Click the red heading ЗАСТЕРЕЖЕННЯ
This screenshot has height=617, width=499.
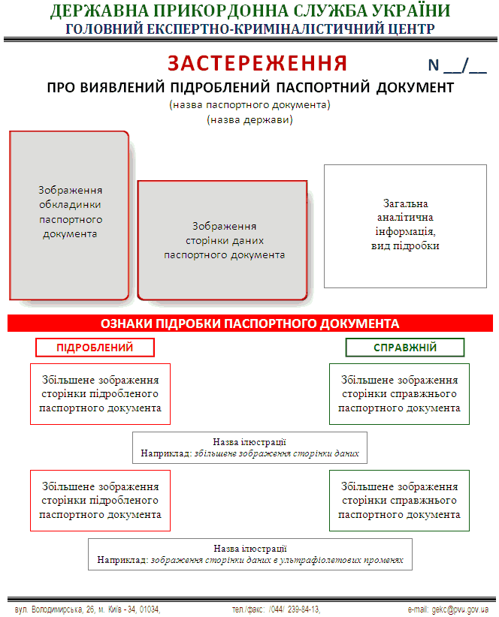pos(257,63)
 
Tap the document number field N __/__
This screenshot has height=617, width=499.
pos(457,65)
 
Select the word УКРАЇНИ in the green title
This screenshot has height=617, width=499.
pos(411,11)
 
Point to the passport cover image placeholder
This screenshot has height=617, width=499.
pos(69,215)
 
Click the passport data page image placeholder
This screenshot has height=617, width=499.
pos(222,240)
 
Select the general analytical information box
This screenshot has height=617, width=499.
pos(405,226)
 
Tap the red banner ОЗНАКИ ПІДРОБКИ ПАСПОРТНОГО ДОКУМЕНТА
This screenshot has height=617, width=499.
pos(250,324)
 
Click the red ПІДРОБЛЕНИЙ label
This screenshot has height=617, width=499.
pos(95,348)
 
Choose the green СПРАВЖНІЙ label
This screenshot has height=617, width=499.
pos(405,348)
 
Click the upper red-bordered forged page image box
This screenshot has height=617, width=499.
pos(101,394)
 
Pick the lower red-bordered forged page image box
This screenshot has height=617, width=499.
pos(101,501)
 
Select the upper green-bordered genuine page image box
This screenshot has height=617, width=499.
pos(399,394)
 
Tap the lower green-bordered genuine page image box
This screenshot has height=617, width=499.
pos(399,501)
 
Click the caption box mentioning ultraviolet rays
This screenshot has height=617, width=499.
pos(250,555)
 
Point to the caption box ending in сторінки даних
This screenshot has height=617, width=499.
pos(249,448)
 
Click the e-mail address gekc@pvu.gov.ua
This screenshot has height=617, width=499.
pos(460,609)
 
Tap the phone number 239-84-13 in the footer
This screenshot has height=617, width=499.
pos(304,609)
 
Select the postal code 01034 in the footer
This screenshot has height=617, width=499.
pos(150,609)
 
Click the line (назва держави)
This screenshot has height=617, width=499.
pos(249,119)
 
